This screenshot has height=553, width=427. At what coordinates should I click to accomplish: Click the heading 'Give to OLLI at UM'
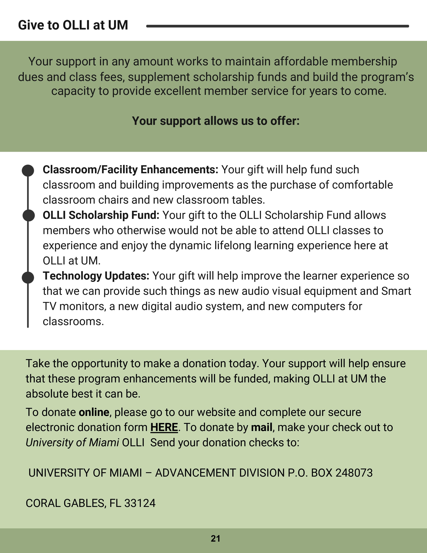point(73,25)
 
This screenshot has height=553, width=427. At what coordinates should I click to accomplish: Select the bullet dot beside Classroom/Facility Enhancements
point(28,170)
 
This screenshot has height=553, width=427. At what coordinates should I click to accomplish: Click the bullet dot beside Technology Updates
point(28,278)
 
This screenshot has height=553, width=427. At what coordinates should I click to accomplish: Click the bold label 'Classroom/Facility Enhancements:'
point(130,170)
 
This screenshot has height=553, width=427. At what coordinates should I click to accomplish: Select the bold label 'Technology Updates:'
point(96,276)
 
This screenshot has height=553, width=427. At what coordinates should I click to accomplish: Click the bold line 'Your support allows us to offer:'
point(216,121)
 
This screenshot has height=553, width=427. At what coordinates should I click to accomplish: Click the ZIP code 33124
point(140,503)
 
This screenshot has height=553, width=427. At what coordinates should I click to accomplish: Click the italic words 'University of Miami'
point(72,443)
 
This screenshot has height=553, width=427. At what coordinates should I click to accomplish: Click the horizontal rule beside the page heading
point(277,26)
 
